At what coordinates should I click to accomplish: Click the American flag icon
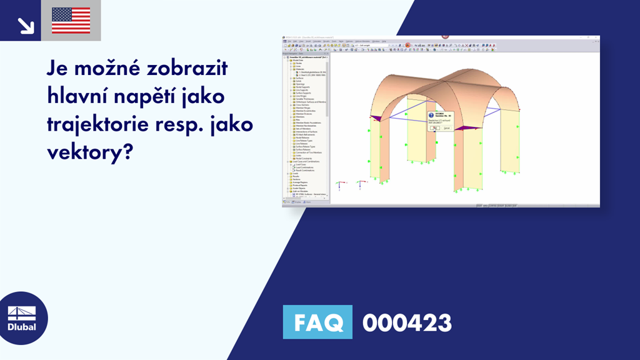pyautogui.click(x=71, y=20)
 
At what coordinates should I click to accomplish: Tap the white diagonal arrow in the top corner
pyautogui.click(x=26, y=25)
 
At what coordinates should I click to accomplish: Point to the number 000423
pyautogui.click(x=407, y=323)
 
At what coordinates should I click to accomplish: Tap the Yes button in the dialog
pyautogui.click(x=434, y=128)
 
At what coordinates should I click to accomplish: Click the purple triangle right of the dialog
pyautogui.click(x=462, y=127)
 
